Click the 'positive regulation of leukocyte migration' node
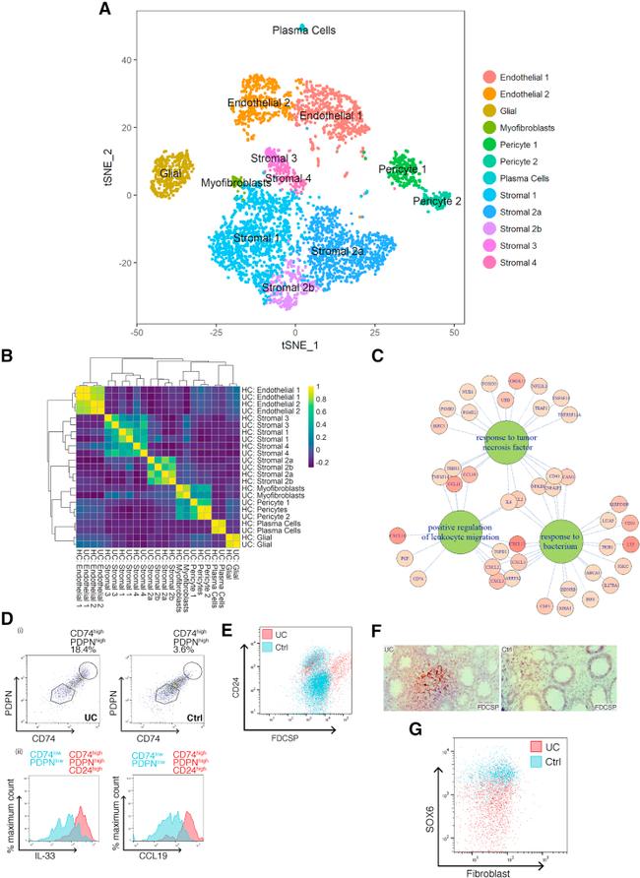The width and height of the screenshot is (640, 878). pyautogui.click(x=467, y=531)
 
